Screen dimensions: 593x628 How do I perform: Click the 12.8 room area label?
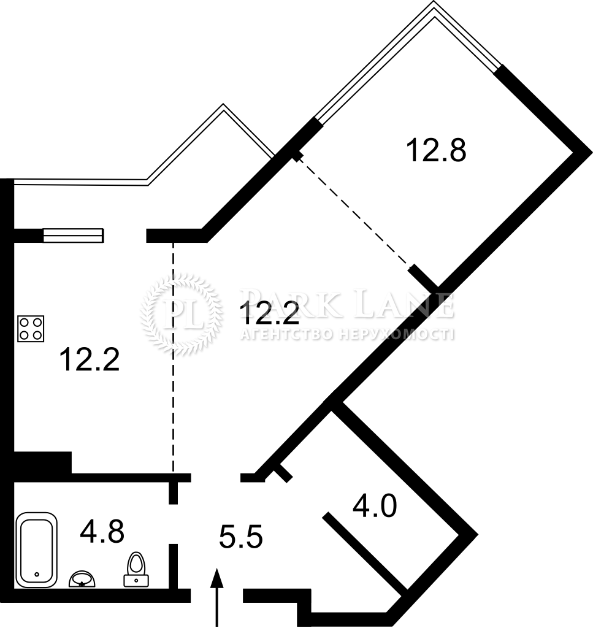pos(436,150)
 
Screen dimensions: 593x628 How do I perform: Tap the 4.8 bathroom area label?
pos(102,531)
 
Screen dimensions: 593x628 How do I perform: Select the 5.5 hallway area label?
pos(241,537)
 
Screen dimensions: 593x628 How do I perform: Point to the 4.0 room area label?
pos(374,505)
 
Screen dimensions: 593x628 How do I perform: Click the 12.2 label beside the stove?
pos(90,359)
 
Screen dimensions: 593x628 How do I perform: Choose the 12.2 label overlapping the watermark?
pos(269,313)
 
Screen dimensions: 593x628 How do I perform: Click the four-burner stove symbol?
pos(31,329)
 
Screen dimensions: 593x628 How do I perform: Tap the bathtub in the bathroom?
pos(36,550)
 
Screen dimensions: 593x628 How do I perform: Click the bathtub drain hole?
pos(37,573)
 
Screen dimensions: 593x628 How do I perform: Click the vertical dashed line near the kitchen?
pos(174,358)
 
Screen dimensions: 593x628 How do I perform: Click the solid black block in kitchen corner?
pos(43,462)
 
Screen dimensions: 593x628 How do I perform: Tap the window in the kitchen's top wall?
pos(73,235)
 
